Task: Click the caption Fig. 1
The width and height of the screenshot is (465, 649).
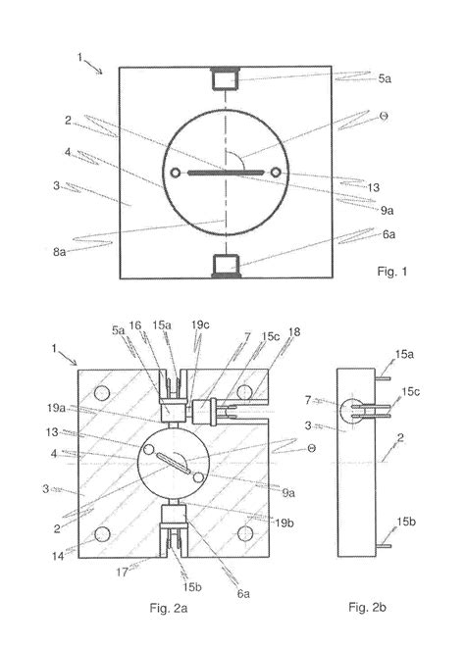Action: (391, 272)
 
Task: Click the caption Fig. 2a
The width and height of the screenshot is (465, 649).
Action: (169, 608)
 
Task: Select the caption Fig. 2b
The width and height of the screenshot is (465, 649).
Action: (367, 607)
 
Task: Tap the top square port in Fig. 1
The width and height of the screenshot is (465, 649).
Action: (226, 78)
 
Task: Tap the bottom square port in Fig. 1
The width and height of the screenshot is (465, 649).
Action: (227, 266)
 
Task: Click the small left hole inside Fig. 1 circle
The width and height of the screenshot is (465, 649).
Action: (176, 173)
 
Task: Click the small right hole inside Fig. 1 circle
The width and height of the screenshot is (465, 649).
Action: (276, 173)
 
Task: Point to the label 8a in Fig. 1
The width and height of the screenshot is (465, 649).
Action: (59, 252)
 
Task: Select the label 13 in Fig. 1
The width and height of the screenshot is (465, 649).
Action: (373, 187)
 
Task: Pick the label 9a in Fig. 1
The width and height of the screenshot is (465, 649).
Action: (387, 211)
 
